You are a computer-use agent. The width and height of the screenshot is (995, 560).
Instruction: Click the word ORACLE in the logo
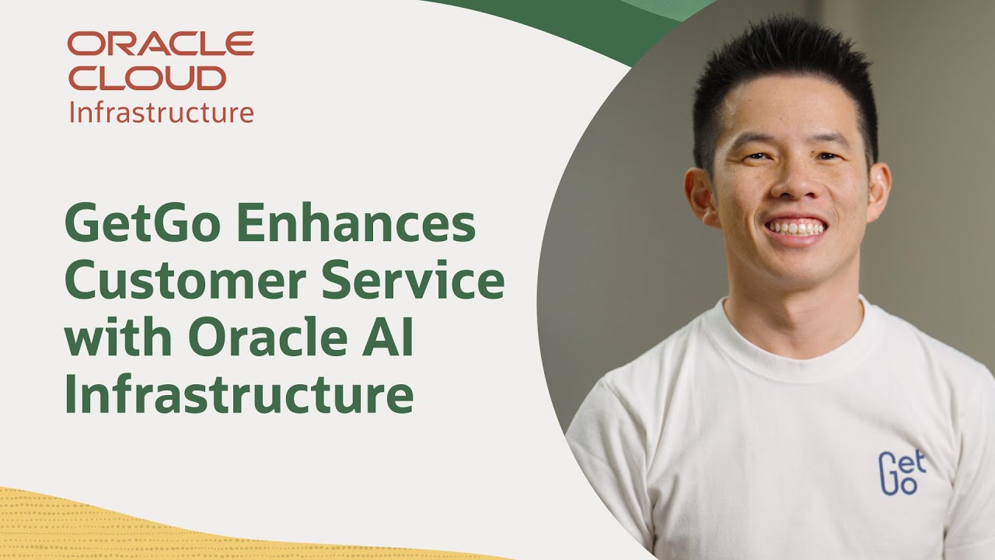(160, 44)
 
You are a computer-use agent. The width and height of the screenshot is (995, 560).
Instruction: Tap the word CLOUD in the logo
(147, 78)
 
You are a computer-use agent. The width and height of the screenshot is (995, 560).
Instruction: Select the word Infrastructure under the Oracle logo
(161, 112)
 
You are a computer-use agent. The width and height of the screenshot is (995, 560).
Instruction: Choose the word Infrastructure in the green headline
(239, 395)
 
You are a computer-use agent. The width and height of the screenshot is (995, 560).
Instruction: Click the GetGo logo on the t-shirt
(901, 472)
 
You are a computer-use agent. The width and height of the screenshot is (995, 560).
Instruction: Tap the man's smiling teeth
(795, 228)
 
